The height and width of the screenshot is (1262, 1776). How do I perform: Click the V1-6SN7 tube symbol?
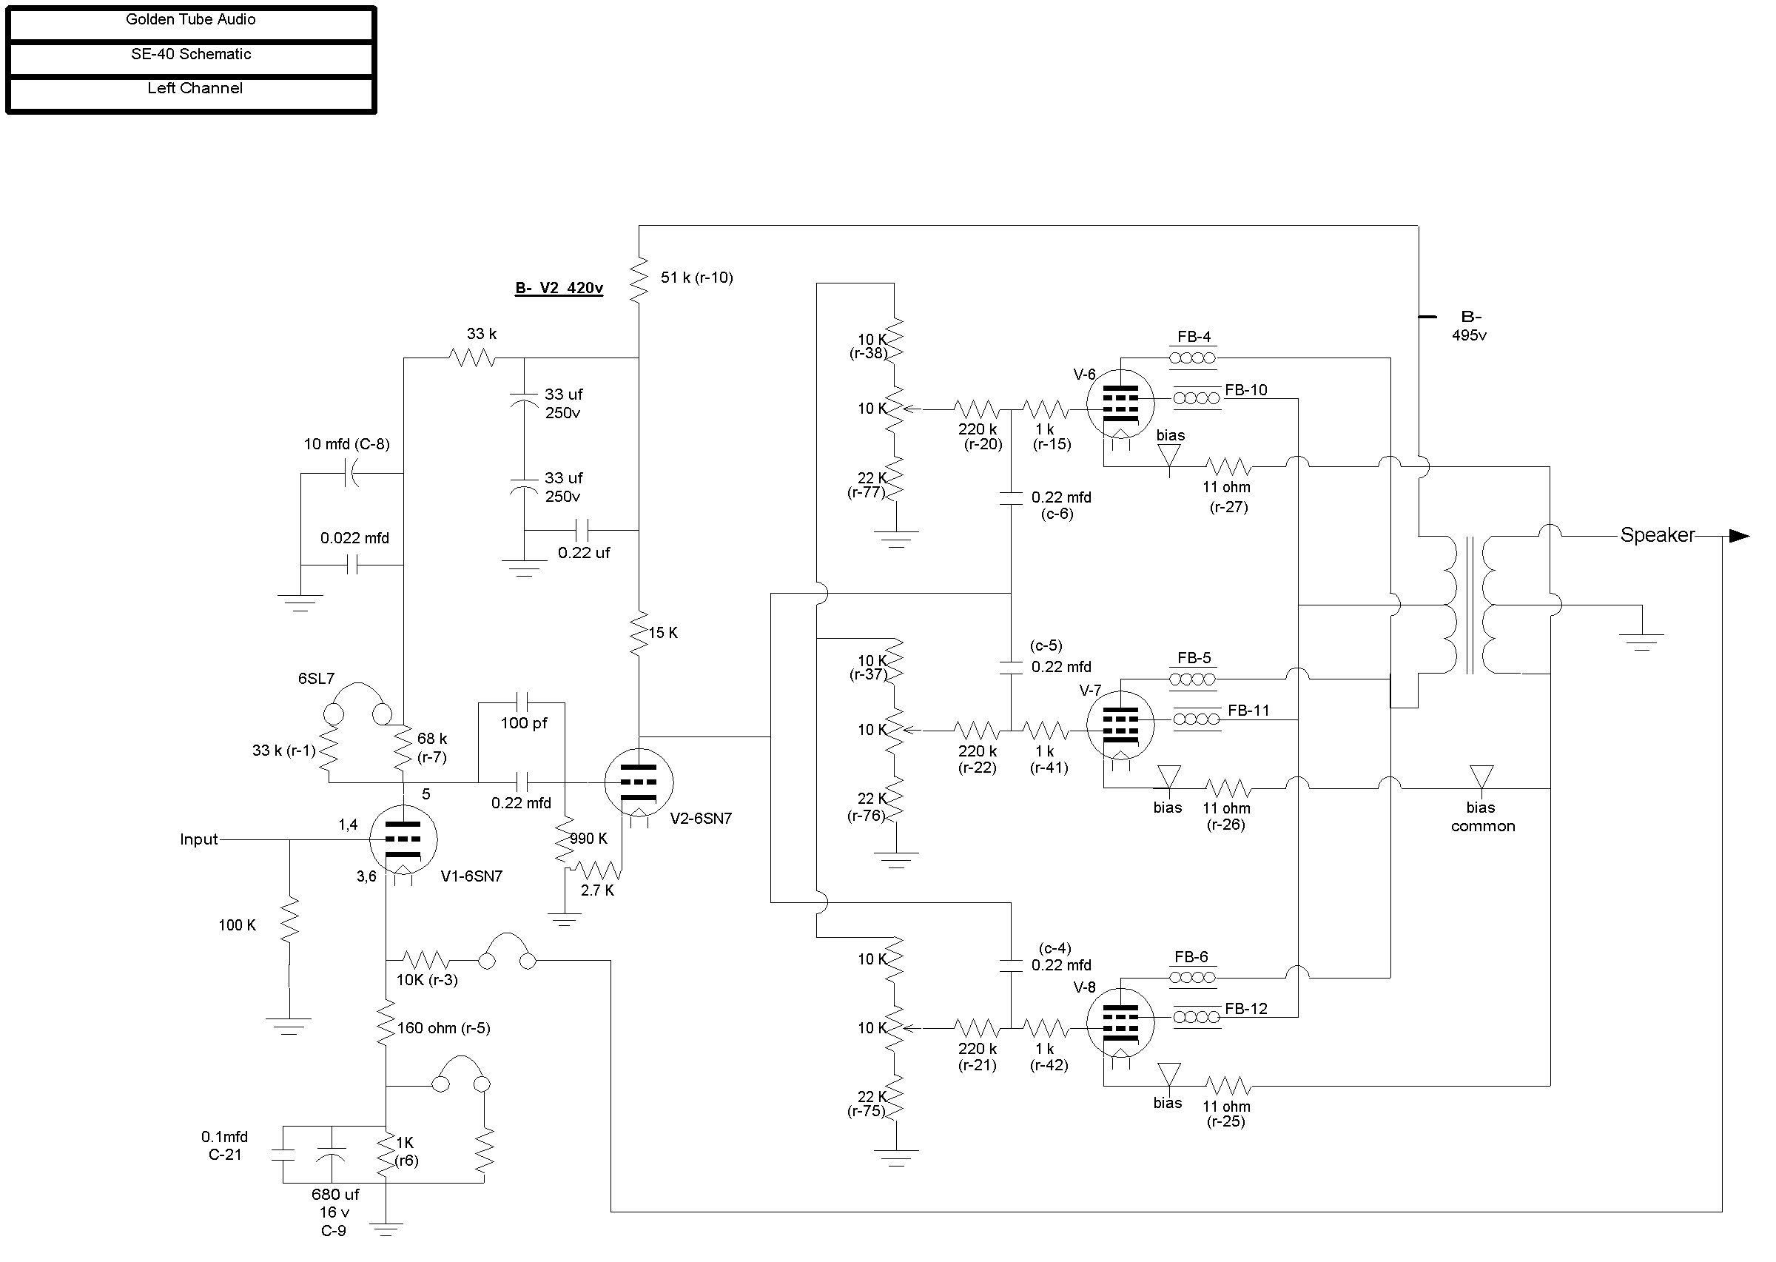[x=403, y=839]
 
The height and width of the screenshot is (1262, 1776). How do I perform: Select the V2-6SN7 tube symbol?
[x=639, y=782]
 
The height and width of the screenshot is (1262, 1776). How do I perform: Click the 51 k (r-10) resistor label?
[x=697, y=278]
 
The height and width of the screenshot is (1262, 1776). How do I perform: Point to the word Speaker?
[x=1657, y=534]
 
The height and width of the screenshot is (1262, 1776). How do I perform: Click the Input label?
[x=199, y=839]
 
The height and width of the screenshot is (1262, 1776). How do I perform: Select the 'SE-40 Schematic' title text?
[x=191, y=53]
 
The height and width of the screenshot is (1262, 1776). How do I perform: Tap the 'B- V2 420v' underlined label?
[x=559, y=289]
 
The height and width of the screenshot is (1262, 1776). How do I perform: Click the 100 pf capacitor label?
[x=524, y=722]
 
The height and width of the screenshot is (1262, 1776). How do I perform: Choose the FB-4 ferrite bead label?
[x=1194, y=337]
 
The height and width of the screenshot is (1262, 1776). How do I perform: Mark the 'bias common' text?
[x=1483, y=816]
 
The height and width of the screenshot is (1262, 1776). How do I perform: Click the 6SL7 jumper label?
[x=316, y=679]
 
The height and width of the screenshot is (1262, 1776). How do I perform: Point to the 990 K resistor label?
[x=589, y=839]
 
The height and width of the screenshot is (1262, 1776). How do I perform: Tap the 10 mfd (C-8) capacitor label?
[x=346, y=443]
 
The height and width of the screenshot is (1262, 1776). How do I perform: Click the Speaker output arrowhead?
[x=1740, y=535]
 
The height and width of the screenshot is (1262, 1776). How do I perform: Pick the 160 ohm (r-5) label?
[x=443, y=1028]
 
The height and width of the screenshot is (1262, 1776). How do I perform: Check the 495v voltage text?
[x=1469, y=335]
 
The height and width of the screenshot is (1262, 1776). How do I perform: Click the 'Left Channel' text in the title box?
[x=195, y=88]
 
